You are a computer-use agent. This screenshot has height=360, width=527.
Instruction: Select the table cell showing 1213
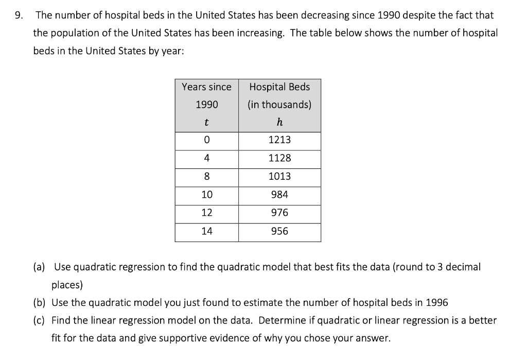[x=279, y=140]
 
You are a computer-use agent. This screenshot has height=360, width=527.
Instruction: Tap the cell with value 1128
[x=279, y=158]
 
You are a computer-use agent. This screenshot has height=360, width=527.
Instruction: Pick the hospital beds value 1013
[x=279, y=176]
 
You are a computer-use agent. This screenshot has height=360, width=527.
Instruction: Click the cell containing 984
[x=279, y=195]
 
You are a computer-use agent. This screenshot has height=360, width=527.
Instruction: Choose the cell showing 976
[x=279, y=213]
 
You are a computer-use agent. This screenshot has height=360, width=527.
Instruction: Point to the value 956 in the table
[x=279, y=231]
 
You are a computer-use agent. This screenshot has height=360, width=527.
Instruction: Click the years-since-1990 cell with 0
[x=206, y=140]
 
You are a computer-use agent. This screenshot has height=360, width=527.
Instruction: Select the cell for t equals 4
[x=206, y=158]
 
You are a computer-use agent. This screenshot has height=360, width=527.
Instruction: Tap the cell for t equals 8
[x=206, y=176]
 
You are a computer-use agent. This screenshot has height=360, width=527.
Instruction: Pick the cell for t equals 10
[x=206, y=195]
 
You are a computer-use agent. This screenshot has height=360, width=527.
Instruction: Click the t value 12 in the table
[x=206, y=213]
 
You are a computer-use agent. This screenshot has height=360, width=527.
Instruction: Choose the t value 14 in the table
[x=206, y=231]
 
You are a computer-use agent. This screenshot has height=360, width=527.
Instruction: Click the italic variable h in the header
[x=279, y=123]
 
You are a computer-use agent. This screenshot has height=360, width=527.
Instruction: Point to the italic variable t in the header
[x=206, y=123]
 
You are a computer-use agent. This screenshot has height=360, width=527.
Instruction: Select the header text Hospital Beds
[x=279, y=87]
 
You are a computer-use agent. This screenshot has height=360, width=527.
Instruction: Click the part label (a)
[x=39, y=267]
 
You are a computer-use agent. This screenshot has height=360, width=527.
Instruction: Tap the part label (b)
[x=39, y=302]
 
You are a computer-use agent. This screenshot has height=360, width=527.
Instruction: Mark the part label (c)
[x=39, y=320]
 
